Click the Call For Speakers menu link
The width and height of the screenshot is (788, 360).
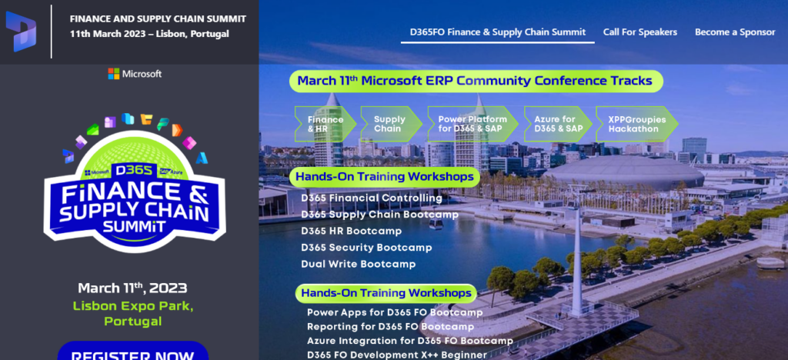pyautogui.click(x=639, y=32)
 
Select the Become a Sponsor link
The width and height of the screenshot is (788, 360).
pyautogui.click(x=735, y=32)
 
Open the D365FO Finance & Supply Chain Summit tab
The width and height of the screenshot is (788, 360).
pyautogui.click(x=498, y=32)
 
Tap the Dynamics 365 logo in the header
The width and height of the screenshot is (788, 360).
pyautogui.click(x=21, y=31)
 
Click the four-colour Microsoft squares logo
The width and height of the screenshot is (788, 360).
pyautogui.click(x=114, y=74)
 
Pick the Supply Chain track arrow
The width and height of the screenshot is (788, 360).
pyautogui.click(x=391, y=124)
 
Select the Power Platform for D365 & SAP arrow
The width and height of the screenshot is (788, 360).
pyautogui.click(x=473, y=124)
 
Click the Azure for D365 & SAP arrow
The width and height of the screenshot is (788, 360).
pyautogui.click(x=558, y=124)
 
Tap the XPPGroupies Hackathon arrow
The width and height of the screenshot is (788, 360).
pyautogui.click(x=636, y=124)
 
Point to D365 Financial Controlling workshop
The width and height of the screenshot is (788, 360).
pyautogui.click(x=372, y=198)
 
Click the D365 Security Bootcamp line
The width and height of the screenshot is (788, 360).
pyautogui.click(x=366, y=248)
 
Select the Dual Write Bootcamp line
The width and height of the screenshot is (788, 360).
pyautogui.click(x=359, y=264)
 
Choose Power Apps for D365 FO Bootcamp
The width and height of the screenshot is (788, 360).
pyautogui.click(x=395, y=312)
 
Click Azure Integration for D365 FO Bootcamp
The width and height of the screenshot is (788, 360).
pyautogui.click(x=410, y=341)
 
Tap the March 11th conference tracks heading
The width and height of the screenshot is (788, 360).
pyautogui.click(x=476, y=81)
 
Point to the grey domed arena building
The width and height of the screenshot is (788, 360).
pyautogui.click(x=624, y=172)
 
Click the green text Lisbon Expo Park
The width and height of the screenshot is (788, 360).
pyautogui.click(x=133, y=306)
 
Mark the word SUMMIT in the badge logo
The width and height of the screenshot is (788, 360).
pyautogui.click(x=134, y=226)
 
